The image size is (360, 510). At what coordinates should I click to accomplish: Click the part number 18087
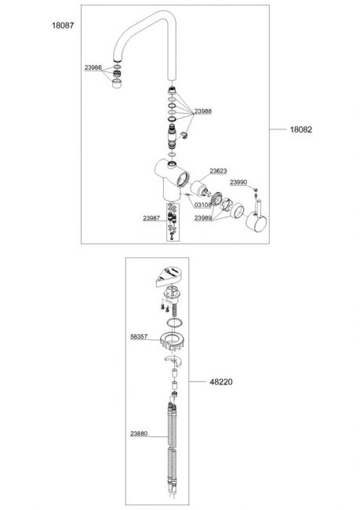point(63,25)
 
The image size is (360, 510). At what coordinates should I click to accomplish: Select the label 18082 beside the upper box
point(301,129)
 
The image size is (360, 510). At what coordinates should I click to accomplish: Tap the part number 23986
point(93,67)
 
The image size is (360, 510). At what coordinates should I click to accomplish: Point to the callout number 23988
point(203,111)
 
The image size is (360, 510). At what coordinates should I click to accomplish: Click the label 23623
point(218,171)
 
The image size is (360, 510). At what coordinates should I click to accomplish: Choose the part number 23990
point(238,182)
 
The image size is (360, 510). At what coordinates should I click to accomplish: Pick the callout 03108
point(203,205)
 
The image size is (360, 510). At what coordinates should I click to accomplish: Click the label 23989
point(203,218)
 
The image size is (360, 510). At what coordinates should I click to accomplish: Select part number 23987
point(151,218)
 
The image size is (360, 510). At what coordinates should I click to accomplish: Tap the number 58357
point(139,337)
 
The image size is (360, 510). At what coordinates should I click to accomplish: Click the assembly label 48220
point(221,382)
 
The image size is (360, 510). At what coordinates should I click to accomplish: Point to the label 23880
point(139,434)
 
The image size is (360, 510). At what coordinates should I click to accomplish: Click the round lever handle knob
point(256,223)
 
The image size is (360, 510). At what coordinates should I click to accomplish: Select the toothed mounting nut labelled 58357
point(173,342)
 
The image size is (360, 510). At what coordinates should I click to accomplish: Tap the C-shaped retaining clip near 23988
point(185,134)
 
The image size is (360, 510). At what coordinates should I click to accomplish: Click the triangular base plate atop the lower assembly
point(169,276)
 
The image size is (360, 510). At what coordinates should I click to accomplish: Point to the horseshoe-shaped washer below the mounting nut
point(173,359)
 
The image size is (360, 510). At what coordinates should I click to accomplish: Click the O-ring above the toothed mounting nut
point(174,323)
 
